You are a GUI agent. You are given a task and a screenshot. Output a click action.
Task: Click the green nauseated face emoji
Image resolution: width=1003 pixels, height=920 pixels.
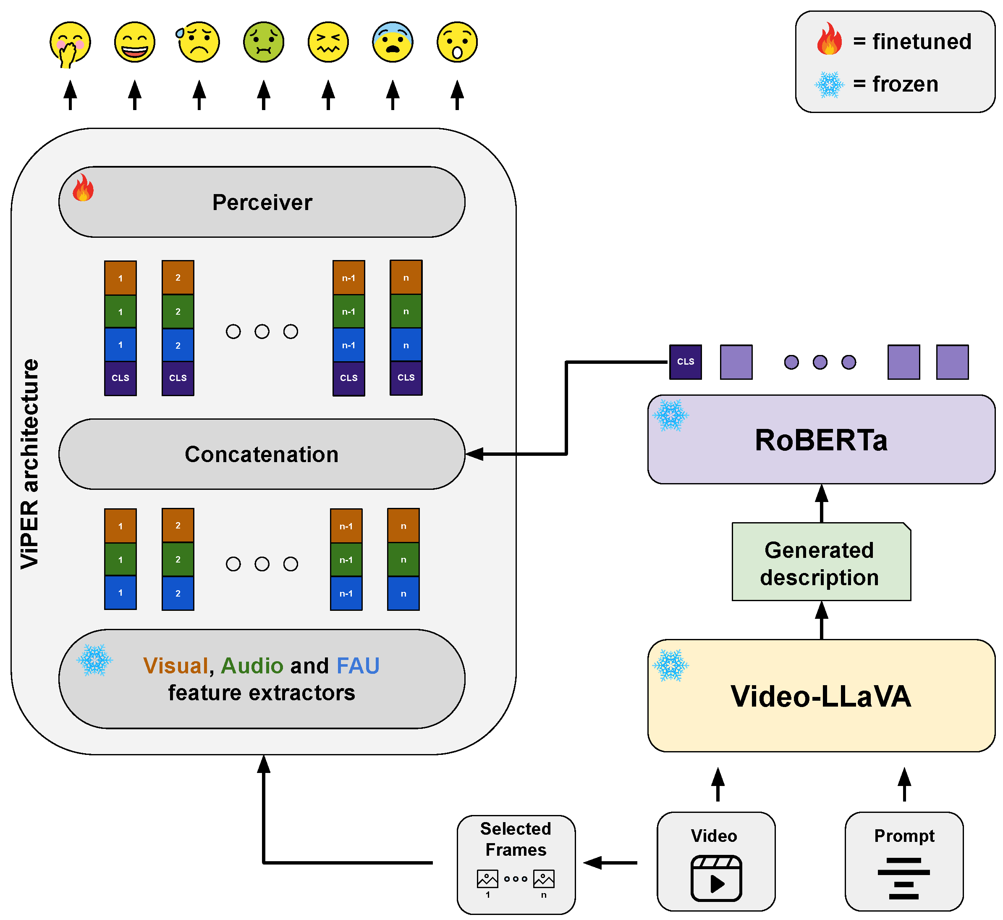[x=264, y=42]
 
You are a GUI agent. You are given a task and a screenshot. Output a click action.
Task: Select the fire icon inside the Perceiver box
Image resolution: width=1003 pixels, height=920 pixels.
[x=83, y=188]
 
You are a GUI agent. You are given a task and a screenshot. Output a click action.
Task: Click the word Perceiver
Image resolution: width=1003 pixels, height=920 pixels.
[x=262, y=202]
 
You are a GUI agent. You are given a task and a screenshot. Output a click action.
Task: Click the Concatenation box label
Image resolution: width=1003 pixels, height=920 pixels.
[x=262, y=455]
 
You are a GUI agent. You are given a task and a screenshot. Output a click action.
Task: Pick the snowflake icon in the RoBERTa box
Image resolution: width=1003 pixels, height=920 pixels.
[x=670, y=415]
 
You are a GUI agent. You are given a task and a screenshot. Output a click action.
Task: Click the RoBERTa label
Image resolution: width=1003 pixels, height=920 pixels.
[x=821, y=441]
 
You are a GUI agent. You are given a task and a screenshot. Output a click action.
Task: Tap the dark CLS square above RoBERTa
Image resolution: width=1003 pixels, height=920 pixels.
[x=685, y=362]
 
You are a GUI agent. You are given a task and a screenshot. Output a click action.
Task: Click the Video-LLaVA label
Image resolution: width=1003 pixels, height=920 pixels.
[x=821, y=697]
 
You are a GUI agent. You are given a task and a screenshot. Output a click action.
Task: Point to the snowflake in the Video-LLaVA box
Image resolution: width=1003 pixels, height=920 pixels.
[x=670, y=665]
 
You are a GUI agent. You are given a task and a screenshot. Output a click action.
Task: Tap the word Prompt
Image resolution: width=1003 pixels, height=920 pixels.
[x=904, y=836]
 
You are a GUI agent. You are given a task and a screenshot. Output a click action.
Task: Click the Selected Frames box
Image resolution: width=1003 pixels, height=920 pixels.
[x=516, y=864]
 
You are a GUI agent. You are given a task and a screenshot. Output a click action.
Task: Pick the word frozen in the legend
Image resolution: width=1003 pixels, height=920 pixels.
[x=905, y=84]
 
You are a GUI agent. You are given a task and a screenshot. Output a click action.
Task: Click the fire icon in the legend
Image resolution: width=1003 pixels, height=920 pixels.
[x=829, y=39]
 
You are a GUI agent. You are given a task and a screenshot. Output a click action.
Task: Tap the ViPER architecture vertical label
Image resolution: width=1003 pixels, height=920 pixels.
[x=30, y=463]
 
